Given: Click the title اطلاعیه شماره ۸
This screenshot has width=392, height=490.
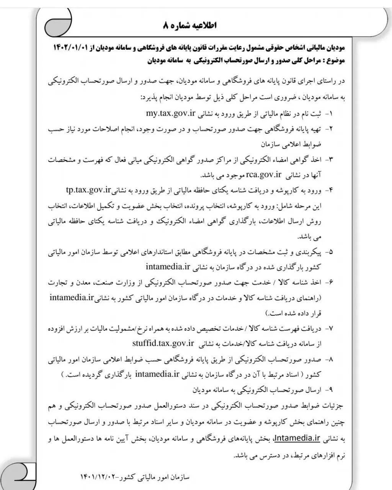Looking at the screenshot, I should click(190, 26).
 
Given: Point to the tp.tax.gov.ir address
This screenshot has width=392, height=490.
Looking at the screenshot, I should click(88, 189).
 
